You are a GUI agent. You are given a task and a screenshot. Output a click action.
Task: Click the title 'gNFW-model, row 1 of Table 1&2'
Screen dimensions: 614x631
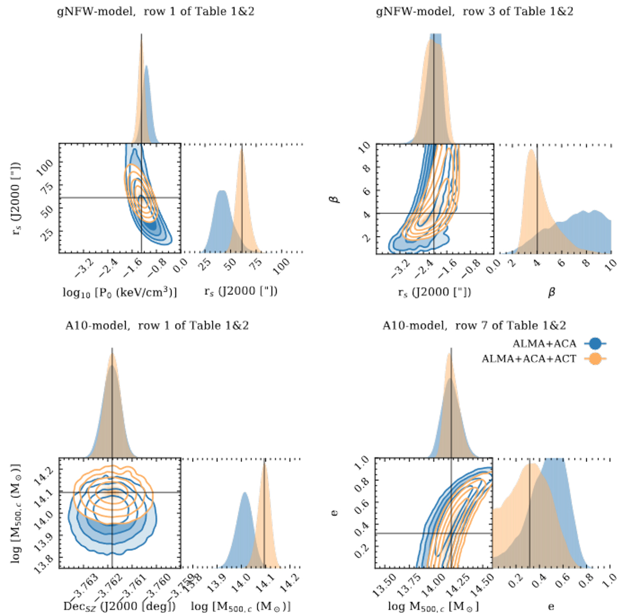(155, 11)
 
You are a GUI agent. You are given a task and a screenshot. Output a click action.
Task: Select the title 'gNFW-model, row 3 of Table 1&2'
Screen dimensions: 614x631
(474, 11)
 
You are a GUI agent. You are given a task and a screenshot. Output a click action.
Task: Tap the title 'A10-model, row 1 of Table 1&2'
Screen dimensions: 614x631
(157, 325)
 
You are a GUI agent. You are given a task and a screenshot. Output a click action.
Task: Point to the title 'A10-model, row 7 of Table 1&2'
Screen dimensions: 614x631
(474, 325)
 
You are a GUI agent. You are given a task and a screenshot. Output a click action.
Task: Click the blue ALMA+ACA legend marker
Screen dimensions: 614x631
(595, 344)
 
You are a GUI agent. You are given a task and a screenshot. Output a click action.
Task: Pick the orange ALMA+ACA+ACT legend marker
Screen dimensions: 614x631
(595, 359)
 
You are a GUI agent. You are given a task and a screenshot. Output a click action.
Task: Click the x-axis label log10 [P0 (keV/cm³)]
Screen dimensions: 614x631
(119, 292)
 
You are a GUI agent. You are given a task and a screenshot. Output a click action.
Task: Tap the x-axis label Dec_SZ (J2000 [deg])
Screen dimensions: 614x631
(119, 606)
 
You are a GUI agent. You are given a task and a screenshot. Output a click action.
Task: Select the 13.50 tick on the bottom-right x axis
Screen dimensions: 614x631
(385, 584)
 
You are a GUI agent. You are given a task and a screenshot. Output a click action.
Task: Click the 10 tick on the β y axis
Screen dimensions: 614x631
(364, 147)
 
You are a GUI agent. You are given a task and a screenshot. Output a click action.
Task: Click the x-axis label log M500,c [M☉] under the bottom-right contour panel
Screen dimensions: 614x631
(433, 606)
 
